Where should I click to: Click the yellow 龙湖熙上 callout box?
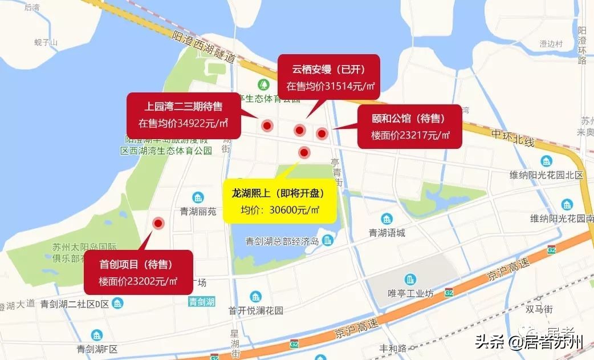279,201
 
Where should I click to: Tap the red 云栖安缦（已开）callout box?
329,78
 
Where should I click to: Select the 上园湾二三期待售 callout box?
184,114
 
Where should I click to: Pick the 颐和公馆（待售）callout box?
409,127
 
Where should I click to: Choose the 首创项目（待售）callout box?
138,272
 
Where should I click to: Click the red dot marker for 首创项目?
158,224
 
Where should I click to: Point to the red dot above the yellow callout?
304,152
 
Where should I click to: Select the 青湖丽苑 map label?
198,211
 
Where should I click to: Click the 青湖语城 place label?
386,232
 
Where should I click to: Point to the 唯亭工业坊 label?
410,293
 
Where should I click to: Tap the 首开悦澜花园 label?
255,311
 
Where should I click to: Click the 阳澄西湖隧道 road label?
202,45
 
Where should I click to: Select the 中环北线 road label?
511,135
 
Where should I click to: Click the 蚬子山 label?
46,42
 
